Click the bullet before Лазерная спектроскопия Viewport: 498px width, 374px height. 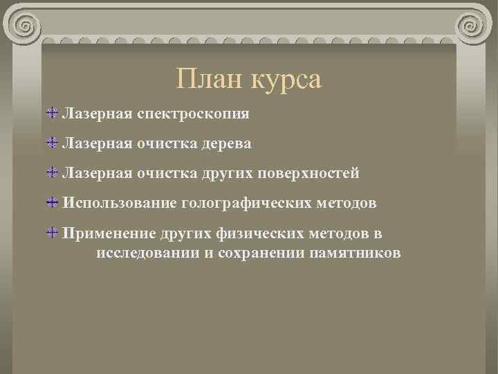(x=53, y=112)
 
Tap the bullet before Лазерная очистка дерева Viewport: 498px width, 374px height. (x=53, y=143)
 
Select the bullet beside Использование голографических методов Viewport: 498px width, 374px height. (x=53, y=203)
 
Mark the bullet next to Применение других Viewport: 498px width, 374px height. (x=53, y=233)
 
